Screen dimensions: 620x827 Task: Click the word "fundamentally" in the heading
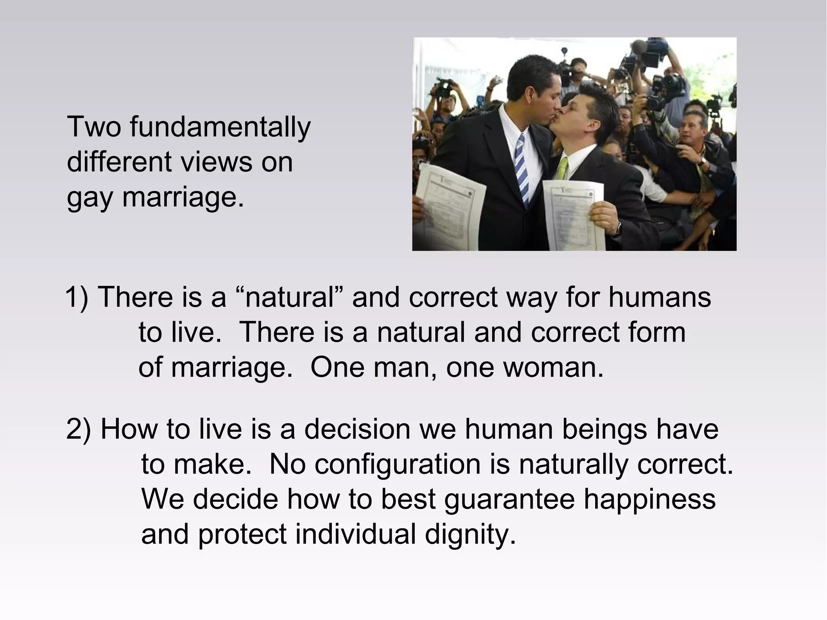tap(220, 127)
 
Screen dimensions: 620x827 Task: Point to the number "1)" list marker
tap(77, 297)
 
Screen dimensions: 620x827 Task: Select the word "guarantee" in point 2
tap(509, 499)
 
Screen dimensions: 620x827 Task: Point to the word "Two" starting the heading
tap(94, 127)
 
